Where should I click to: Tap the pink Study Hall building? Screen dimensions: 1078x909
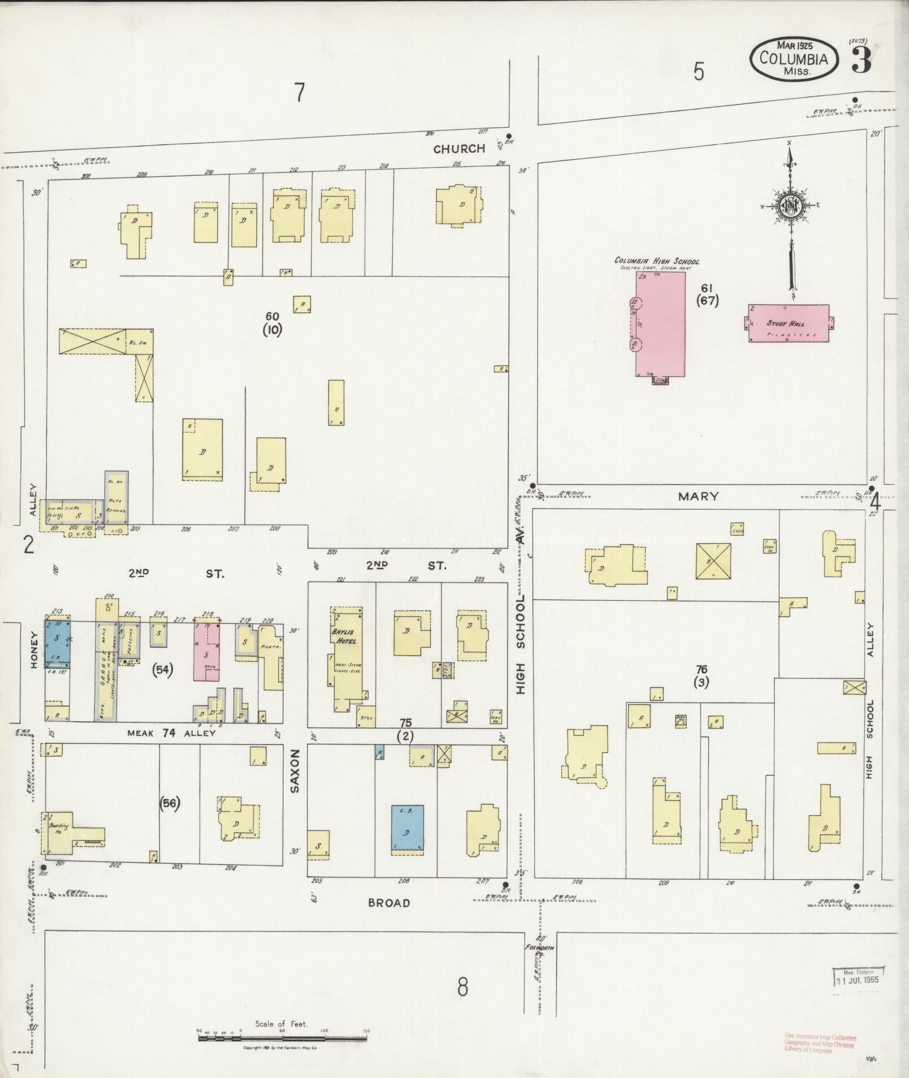788,323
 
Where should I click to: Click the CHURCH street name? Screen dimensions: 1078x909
459,149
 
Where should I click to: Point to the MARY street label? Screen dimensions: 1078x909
698,496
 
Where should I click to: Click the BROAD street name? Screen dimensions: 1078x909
389,903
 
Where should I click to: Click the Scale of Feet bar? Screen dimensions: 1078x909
282,1037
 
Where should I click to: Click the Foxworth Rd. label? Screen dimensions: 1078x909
539,948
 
